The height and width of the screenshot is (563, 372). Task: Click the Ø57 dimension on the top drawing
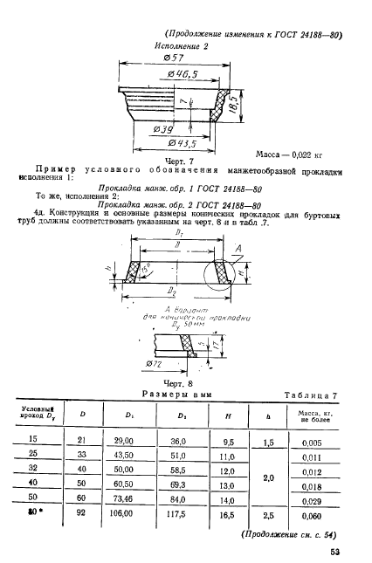point(170,57)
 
